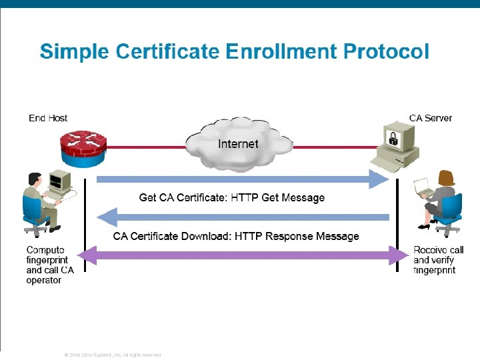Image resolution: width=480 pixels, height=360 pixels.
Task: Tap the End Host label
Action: (x=48, y=118)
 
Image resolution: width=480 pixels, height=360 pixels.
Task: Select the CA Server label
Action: (x=430, y=118)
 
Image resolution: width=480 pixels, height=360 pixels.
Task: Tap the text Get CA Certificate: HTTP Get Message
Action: (x=231, y=197)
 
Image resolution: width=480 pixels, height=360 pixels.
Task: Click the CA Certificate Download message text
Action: (x=235, y=236)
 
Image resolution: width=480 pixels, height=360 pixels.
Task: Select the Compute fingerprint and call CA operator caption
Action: (x=49, y=265)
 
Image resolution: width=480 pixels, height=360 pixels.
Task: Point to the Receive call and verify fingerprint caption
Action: (x=438, y=260)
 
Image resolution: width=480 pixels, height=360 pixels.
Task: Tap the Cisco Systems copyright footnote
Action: (x=112, y=355)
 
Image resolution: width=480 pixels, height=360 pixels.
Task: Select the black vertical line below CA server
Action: (x=397, y=220)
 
